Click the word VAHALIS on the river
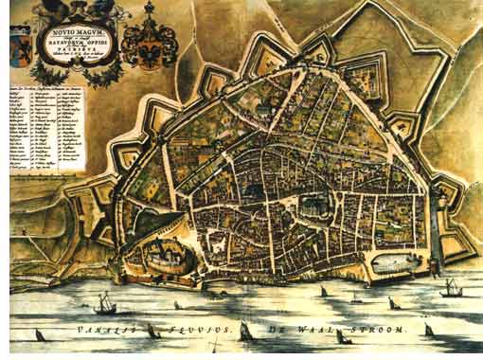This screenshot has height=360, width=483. [x=99, y=331]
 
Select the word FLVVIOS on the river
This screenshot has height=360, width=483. [x=186, y=331]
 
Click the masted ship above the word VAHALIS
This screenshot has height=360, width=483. [x=107, y=303]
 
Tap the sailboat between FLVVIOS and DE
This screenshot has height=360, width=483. [x=245, y=329]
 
